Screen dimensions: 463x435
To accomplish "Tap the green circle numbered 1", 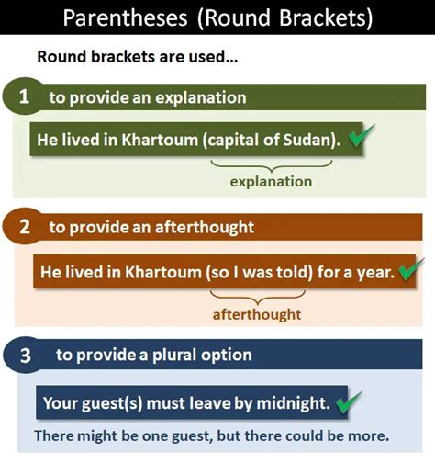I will click(24, 97).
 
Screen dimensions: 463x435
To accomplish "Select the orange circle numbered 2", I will click(24, 226).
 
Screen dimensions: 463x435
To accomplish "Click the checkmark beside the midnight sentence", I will click(349, 401).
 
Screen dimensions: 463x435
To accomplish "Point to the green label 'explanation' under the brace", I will click(271, 182).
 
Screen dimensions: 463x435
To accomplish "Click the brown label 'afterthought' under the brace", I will click(257, 314).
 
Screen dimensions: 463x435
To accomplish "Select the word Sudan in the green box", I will click(313, 141).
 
